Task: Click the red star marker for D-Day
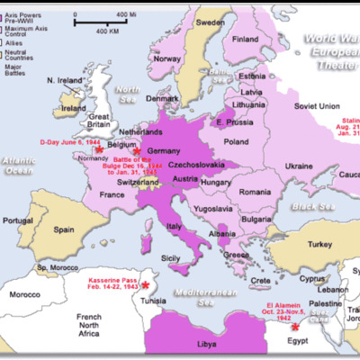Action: tap(99, 150)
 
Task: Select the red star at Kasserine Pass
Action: tap(146, 284)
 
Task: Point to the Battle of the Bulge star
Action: tap(138, 153)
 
